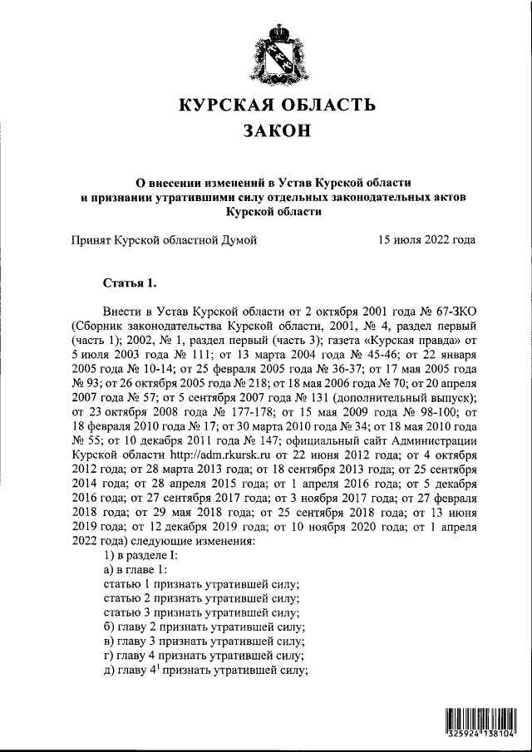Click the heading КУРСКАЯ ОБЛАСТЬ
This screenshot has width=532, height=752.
coord(278,106)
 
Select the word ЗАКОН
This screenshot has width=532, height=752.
coord(278,131)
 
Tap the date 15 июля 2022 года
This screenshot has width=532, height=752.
coord(426,240)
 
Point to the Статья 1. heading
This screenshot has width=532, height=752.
coord(127,282)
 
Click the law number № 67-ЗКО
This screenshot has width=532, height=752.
coord(446,308)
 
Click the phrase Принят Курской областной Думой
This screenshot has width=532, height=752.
coord(164,240)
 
